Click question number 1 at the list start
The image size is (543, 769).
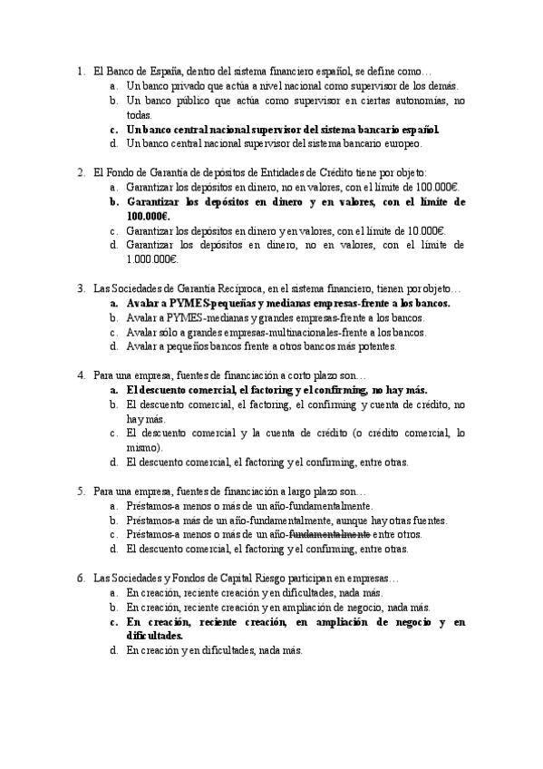pos(81,70)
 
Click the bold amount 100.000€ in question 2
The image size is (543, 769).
pos(148,217)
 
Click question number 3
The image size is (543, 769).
pos(81,289)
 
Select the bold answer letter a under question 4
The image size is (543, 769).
pos(113,390)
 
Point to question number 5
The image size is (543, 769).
pos(81,492)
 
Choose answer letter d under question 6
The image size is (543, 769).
pos(113,652)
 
